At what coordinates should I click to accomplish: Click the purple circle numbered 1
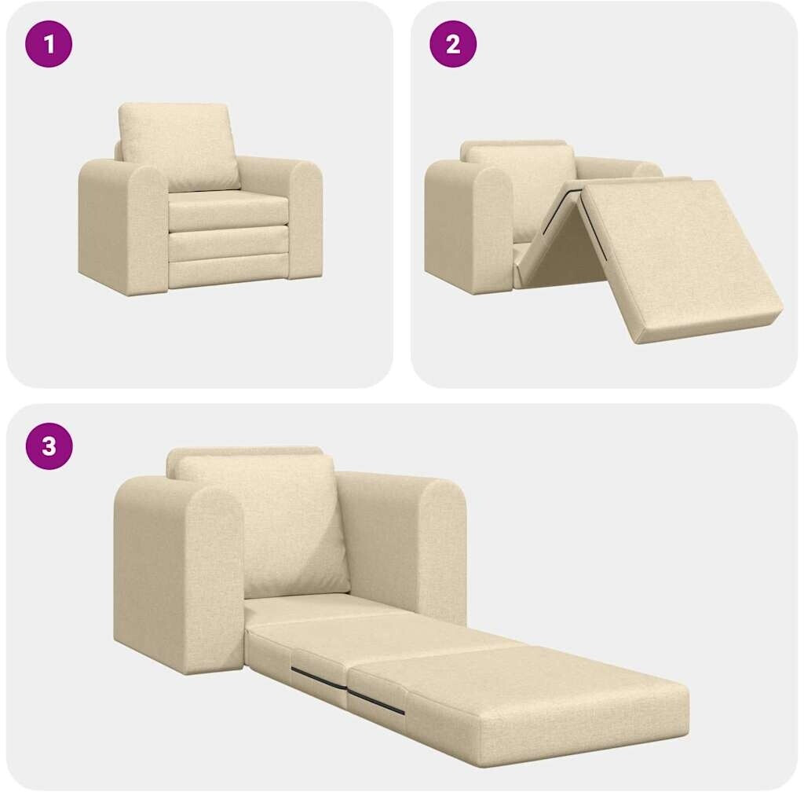click(49, 43)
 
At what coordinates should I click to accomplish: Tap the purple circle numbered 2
click(453, 43)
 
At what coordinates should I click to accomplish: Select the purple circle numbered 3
click(49, 445)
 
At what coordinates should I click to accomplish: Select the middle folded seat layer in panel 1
click(228, 244)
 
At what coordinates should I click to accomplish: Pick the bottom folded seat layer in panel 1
click(228, 274)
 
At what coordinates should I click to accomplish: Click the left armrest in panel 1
click(126, 225)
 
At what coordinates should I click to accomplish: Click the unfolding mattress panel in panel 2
click(677, 256)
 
